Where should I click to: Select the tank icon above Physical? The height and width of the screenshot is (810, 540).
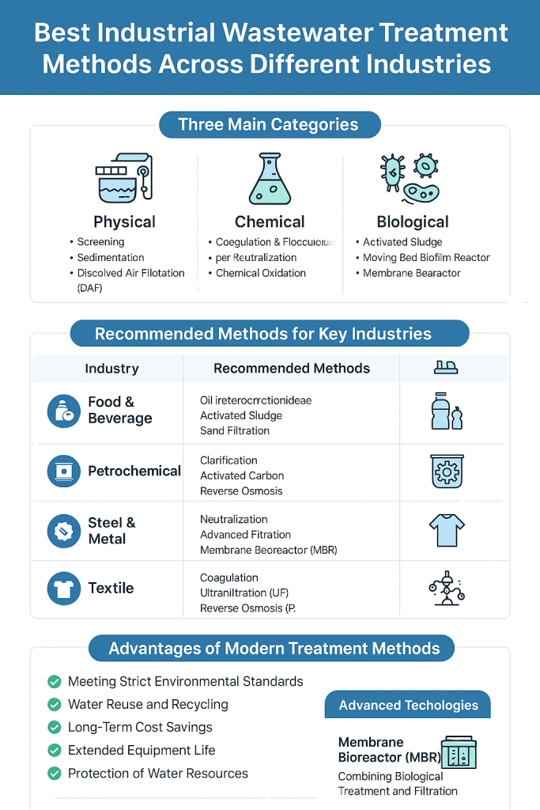123,179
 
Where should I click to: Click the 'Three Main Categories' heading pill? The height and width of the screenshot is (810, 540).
269,124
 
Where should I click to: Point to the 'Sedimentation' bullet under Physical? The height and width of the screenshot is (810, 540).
111,257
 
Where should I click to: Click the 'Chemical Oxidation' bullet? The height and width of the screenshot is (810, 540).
261,273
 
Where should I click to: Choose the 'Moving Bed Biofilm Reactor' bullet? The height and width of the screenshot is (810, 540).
426,257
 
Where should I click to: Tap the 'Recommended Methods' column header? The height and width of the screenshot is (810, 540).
292,369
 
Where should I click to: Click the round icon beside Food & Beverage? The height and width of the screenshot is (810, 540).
63,411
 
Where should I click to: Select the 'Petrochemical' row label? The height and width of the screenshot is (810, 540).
134,471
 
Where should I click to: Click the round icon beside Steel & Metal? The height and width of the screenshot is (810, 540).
63,531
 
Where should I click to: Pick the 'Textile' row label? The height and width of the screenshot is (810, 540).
111,589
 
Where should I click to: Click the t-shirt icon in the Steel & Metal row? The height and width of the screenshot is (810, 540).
447,529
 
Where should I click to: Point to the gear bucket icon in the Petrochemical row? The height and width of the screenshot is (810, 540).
447,471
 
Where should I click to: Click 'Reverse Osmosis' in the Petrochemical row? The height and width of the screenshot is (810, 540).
241,491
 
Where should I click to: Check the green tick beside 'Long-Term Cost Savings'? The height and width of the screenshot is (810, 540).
55,727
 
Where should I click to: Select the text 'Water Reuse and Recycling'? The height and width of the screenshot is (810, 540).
148,704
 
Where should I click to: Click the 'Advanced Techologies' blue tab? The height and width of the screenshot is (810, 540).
408,705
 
